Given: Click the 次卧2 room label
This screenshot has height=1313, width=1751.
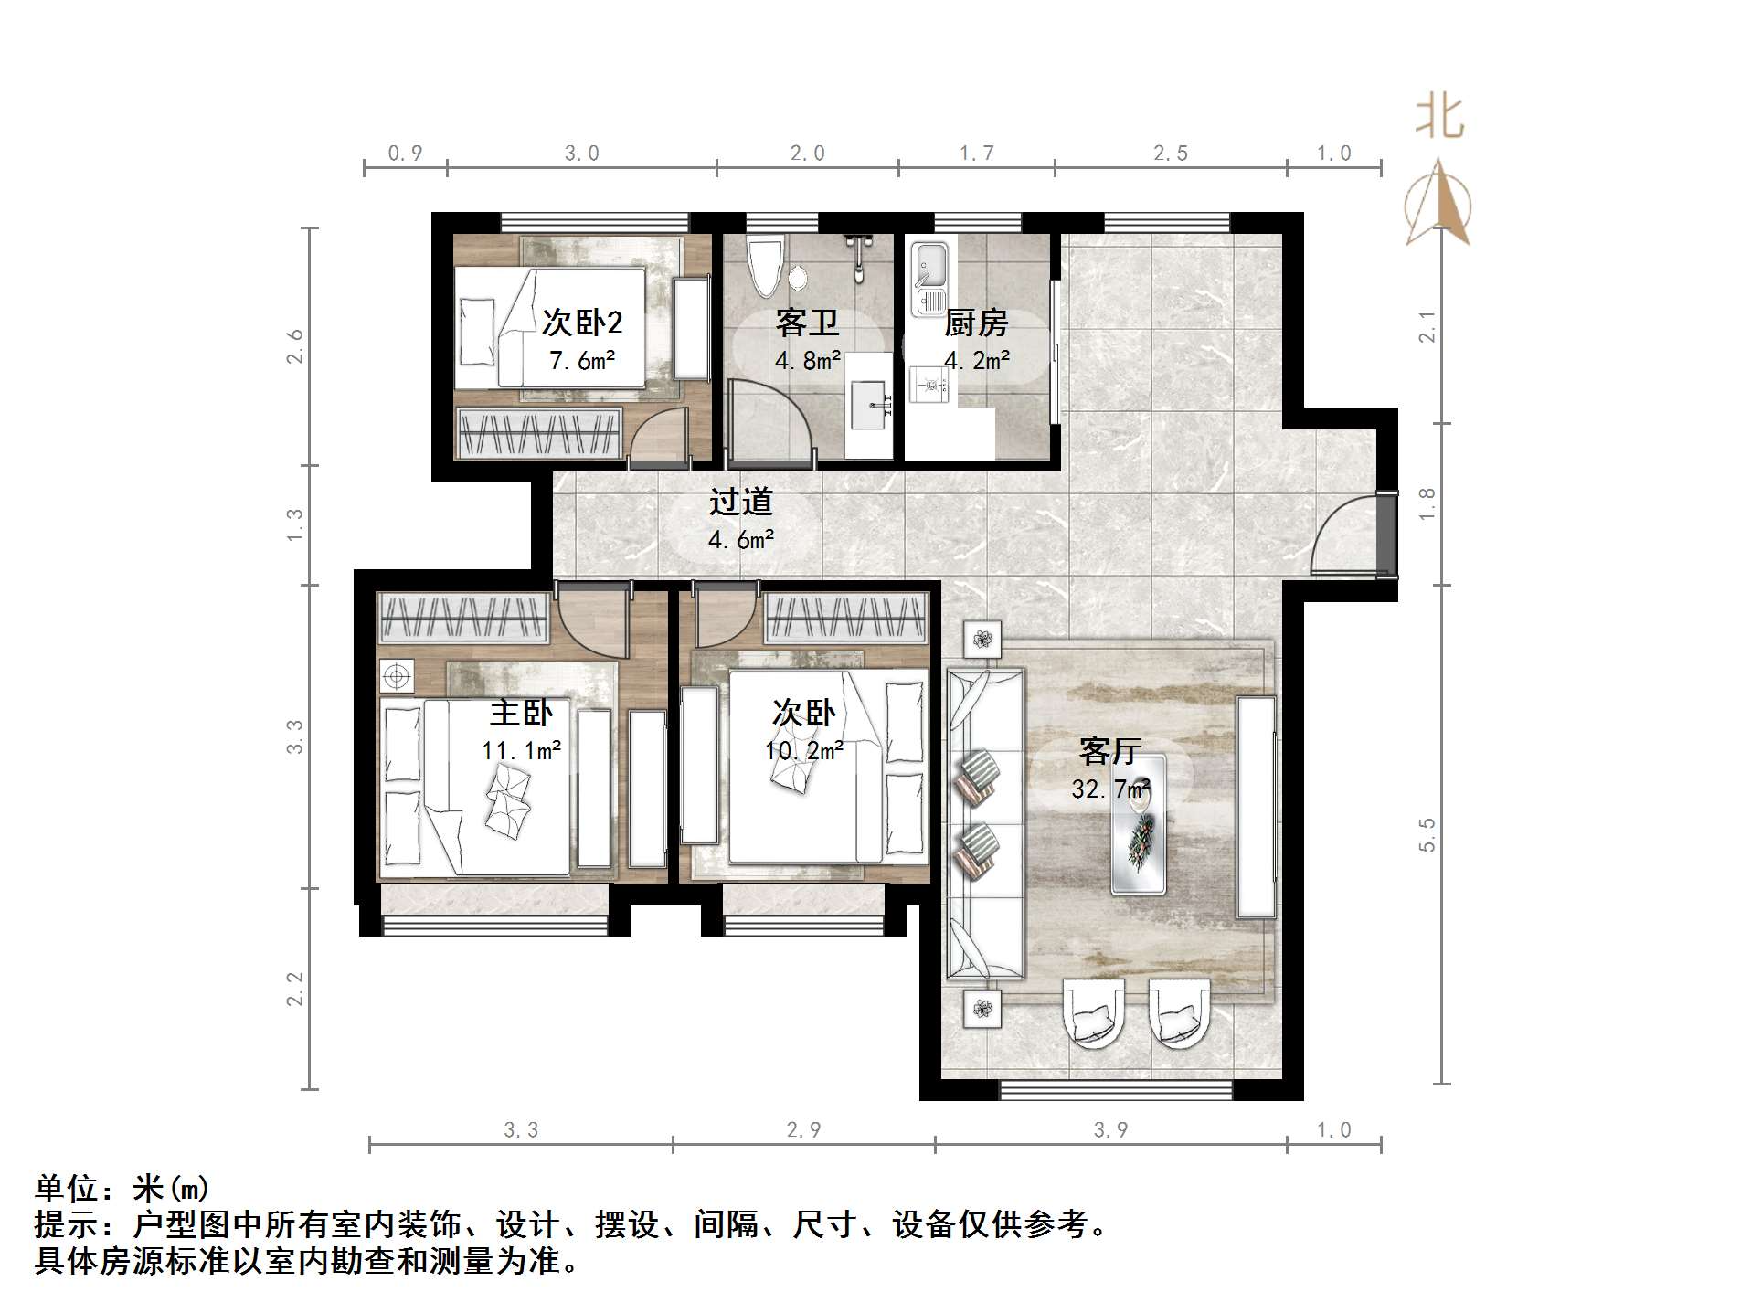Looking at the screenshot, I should [x=582, y=322].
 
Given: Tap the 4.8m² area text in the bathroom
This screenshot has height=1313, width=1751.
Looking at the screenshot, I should [x=807, y=361].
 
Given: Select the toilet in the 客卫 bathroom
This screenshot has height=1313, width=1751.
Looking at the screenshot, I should [x=765, y=265].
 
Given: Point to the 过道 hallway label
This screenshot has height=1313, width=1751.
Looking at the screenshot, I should [x=740, y=502].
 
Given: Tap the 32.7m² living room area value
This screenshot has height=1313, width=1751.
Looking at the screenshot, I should [x=1110, y=788].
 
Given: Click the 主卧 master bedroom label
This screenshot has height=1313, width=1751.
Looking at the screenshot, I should [x=521, y=713].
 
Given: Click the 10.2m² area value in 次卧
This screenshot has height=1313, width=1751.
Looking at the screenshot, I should [x=803, y=751].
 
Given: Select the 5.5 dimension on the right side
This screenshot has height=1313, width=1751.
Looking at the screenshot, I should [x=1427, y=834].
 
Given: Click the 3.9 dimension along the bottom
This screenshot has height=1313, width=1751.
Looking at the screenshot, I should [x=1110, y=1130].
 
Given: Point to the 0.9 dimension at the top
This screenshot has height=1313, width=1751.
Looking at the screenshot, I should [x=405, y=154].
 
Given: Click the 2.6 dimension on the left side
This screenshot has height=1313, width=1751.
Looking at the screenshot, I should [x=294, y=346].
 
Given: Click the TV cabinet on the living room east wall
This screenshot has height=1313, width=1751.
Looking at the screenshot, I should [x=1256, y=807].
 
